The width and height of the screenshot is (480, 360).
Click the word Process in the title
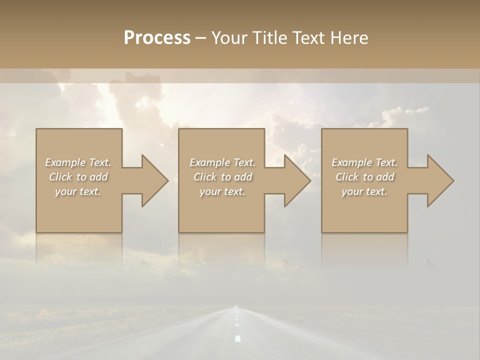(157, 38)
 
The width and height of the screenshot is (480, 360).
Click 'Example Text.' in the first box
(78, 162)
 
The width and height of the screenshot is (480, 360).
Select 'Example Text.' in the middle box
(222, 162)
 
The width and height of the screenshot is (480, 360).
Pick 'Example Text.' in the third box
(364, 162)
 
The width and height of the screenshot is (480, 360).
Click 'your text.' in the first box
(78, 191)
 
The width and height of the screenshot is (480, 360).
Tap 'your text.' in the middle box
(222, 191)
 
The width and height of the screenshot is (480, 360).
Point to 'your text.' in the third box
(364, 191)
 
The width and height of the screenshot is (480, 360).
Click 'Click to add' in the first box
(78, 177)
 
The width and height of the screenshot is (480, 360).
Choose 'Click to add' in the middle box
(222, 177)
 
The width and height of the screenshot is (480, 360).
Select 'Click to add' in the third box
(364, 177)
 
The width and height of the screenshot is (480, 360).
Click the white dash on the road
(237, 338)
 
